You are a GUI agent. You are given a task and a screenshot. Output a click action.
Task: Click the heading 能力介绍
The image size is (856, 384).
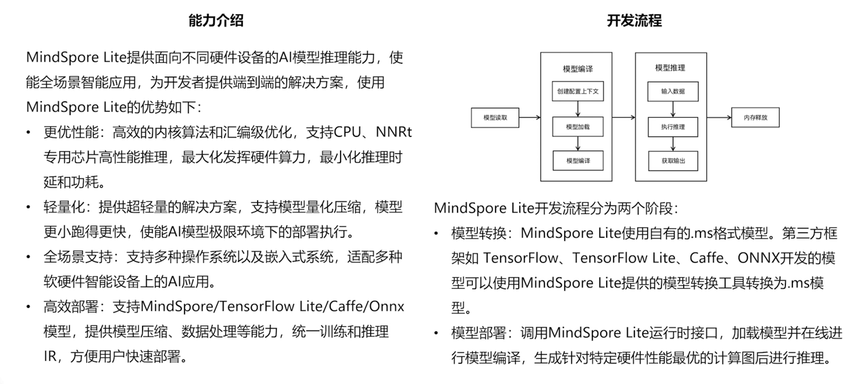point(216,21)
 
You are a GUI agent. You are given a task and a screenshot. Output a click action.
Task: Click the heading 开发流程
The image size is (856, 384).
point(634,21)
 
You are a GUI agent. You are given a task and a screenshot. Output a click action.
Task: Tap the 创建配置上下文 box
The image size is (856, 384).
point(578,91)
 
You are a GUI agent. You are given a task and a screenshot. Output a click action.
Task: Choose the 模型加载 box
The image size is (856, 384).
point(578,127)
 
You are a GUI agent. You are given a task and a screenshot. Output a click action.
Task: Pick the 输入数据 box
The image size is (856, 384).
point(673,91)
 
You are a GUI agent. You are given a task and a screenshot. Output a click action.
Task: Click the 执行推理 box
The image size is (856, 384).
point(673,127)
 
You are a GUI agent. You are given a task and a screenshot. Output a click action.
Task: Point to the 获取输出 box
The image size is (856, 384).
point(673,160)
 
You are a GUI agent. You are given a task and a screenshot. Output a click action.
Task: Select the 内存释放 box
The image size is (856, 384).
point(755,118)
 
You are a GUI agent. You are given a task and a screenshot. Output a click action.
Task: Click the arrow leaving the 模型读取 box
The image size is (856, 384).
point(529,118)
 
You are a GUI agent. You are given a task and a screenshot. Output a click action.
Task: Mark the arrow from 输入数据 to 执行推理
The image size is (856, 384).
point(673,109)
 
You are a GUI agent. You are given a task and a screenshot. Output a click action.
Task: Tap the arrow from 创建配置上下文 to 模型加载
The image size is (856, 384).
point(578,109)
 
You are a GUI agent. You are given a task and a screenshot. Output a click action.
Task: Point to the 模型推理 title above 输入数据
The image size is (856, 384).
point(670,68)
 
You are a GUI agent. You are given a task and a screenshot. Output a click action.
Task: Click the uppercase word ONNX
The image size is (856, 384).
point(749,259)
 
